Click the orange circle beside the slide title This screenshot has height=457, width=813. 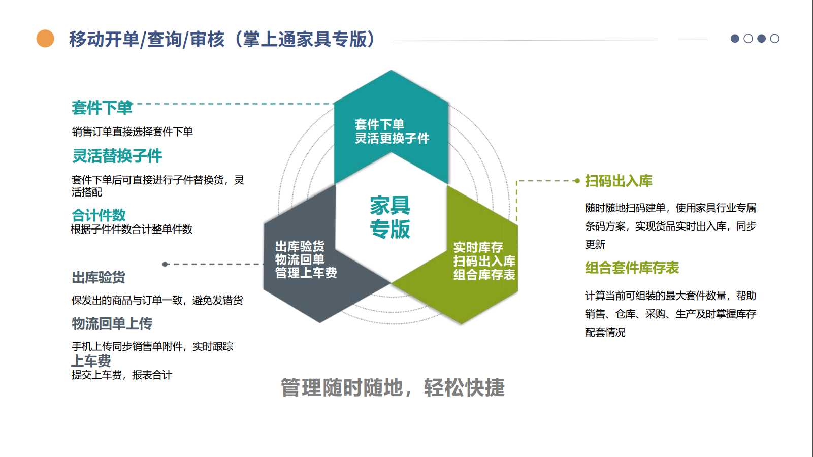pyautogui.click(x=45, y=39)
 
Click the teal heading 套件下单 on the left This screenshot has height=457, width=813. pyautogui.click(x=102, y=108)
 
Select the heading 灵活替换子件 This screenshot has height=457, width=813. pyautogui.click(x=117, y=156)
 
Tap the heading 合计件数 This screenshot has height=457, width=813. pyautogui.click(x=99, y=215)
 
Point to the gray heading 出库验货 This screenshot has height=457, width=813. pyautogui.click(x=99, y=277)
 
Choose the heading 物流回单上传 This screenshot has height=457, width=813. pyautogui.click(x=112, y=323)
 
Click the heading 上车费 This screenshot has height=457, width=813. pyautogui.click(x=91, y=361)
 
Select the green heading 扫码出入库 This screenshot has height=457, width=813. pyautogui.click(x=619, y=181)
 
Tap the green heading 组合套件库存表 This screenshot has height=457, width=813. pyautogui.click(x=632, y=268)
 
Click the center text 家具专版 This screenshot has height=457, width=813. pyautogui.click(x=390, y=217)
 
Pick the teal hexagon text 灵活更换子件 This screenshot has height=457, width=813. pyautogui.click(x=392, y=138)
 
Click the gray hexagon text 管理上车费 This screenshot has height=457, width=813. pyautogui.click(x=306, y=273)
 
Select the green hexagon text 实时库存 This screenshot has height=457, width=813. pyautogui.click(x=478, y=248)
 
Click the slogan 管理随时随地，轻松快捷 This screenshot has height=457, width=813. pyautogui.click(x=393, y=387)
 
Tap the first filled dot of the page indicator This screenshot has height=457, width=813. pyautogui.click(x=735, y=39)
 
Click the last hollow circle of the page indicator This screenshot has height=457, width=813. pyautogui.click(x=774, y=39)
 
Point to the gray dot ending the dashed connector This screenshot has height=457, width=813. pyautogui.click(x=165, y=264)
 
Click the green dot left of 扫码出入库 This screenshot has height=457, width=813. pyautogui.click(x=577, y=181)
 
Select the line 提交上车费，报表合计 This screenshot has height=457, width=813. pyautogui.click(x=121, y=375)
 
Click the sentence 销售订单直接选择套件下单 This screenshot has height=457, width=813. pyautogui.click(x=132, y=132)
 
